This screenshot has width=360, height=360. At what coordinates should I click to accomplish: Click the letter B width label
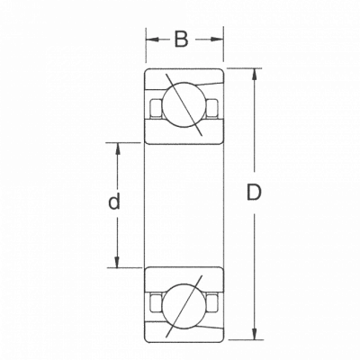pos(181,40)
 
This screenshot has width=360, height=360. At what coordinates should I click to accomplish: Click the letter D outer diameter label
pos(254,193)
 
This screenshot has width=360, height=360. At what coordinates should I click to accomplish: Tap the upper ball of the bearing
pos(184,104)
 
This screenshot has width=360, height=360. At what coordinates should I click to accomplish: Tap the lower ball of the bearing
pos(184,306)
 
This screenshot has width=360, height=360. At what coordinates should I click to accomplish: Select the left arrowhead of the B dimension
pos(152,40)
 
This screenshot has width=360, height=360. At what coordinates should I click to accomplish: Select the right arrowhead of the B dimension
pos(217,40)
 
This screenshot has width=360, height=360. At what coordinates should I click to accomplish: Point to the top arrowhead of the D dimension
pos(255,75)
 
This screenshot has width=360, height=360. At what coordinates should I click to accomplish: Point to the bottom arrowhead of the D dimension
pos(255,334)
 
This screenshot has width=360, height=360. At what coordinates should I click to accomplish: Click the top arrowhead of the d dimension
pos(117,149)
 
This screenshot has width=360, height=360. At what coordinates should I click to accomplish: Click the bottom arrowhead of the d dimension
pos(117,261)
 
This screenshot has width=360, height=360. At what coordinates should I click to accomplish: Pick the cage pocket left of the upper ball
pos(156,108)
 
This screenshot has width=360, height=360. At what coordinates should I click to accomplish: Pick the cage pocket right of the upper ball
pos(212,108)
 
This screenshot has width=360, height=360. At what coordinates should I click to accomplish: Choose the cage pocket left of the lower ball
pos(156,303)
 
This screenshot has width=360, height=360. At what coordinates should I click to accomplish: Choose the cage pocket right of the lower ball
pos(212,303)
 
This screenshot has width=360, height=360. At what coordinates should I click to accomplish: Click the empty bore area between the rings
pos(184,205)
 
